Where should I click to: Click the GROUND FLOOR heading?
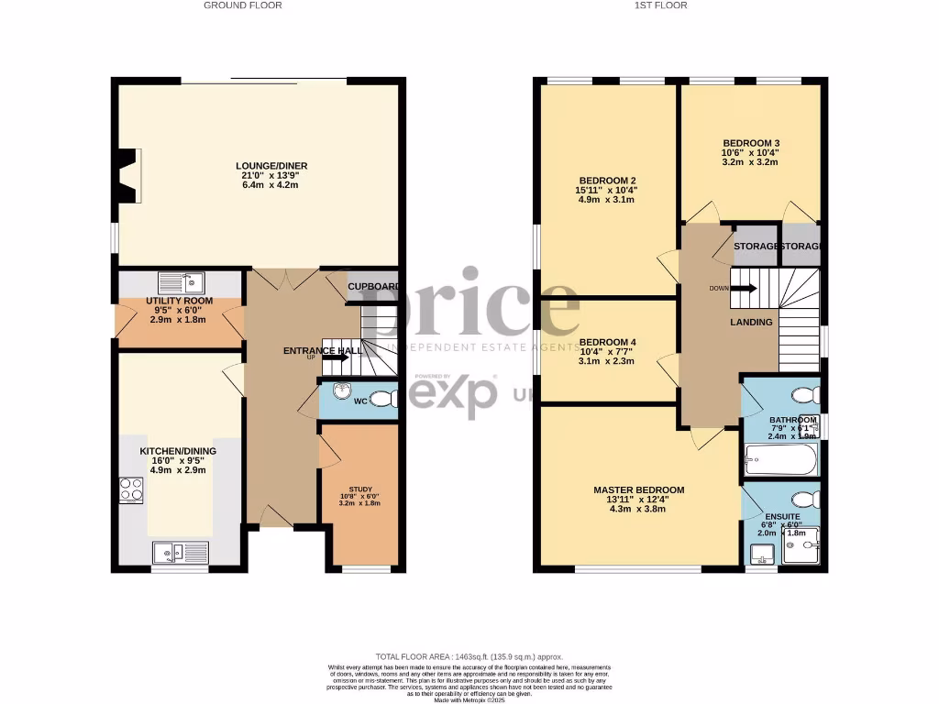pyautogui.click(x=242, y=5)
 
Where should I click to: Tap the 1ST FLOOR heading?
pyautogui.click(x=662, y=5)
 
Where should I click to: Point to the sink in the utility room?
pyautogui.click(x=180, y=281)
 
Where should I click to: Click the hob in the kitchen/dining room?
pyautogui.click(x=129, y=490)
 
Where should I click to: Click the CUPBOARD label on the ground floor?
pyautogui.click(x=374, y=287)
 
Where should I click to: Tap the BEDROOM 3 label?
pyautogui.click(x=751, y=143)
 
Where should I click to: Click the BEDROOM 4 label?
pyautogui.click(x=607, y=342)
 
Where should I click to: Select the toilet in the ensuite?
pyautogui.click(x=805, y=500)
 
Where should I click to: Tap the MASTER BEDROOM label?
pyautogui.click(x=638, y=490)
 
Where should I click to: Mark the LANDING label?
pyautogui.click(x=751, y=323)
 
